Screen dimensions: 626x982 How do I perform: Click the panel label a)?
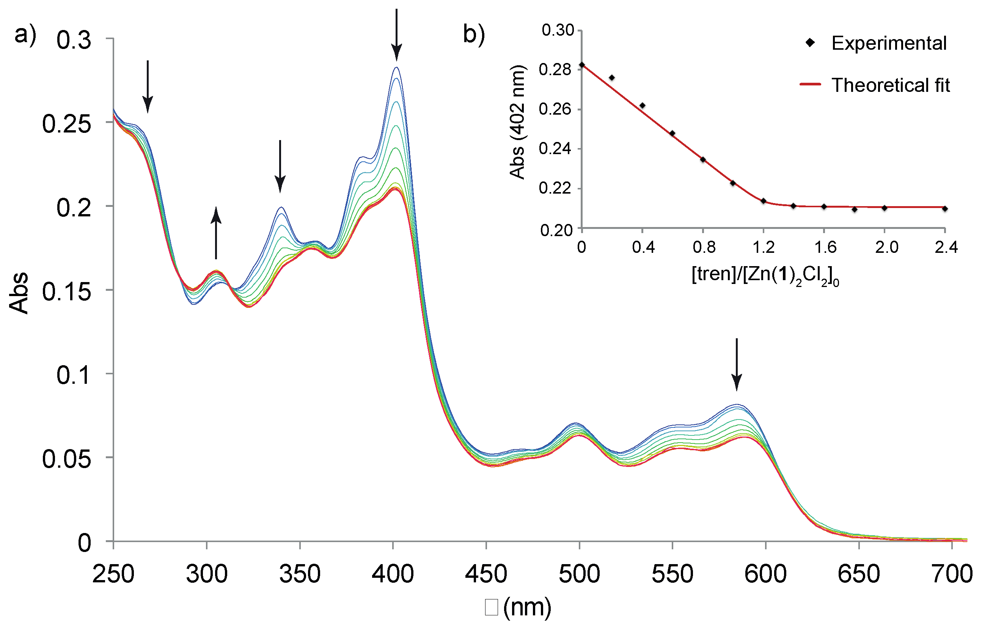[x=25, y=34]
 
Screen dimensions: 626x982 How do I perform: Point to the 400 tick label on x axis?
[x=393, y=574]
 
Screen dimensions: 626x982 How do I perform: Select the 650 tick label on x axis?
[x=859, y=574]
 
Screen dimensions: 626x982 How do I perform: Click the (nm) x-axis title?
[x=527, y=607]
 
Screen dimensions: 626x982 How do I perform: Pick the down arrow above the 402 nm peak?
[x=396, y=34]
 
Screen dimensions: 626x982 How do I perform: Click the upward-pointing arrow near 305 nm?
[x=216, y=233]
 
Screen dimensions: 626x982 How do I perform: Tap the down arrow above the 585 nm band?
[x=737, y=364]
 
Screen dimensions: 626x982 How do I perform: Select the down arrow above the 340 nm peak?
[x=280, y=166]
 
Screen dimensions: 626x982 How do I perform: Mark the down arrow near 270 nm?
[x=148, y=86]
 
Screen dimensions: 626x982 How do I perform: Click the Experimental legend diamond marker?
[x=810, y=43]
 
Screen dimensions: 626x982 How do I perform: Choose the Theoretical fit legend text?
[x=891, y=85]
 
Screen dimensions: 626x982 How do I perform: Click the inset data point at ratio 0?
[x=582, y=65]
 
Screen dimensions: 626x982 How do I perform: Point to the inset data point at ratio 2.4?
[x=945, y=208]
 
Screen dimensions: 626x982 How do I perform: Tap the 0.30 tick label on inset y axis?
[x=558, y=30]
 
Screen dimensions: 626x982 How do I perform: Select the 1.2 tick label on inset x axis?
[x=764, y=247]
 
